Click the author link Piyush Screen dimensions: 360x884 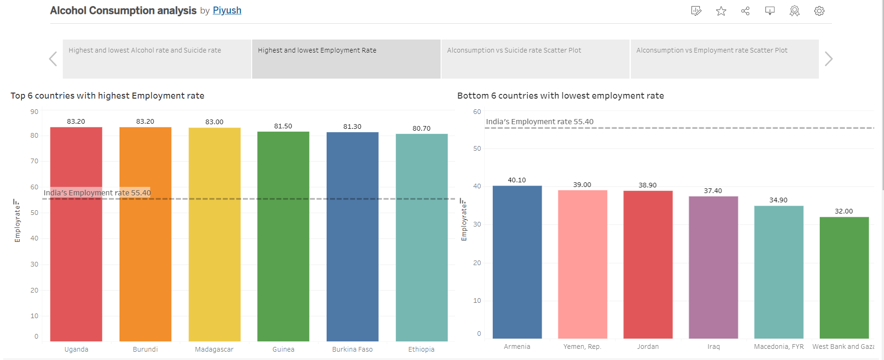point(227,10)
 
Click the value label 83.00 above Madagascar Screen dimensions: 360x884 point(214,122)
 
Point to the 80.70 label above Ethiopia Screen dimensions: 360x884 point(421,128)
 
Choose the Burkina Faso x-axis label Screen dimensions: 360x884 point(352,349)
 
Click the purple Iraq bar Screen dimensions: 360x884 point(713,270)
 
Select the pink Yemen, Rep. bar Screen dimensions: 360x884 point(583,265)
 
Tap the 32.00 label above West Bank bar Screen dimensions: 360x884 point(844,211)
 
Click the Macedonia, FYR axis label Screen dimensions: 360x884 point(778,347)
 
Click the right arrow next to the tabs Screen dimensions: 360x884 point(828,59)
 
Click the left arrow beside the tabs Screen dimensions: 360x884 point(53,59)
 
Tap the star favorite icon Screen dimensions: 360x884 point(721,11)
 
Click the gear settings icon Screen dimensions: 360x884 point(819,11)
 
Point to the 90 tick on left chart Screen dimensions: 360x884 point(34,112)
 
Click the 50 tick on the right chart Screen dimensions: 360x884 point(477,148)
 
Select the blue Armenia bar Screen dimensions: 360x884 point(517,263)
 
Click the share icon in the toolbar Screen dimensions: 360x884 point(745,11)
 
